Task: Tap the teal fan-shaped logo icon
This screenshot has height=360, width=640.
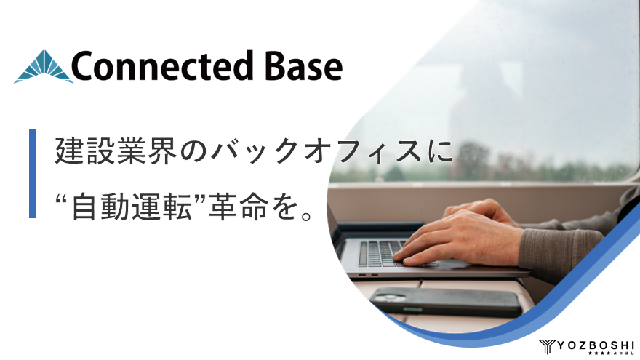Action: point(43,67)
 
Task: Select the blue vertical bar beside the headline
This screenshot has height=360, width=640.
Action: point(33,174)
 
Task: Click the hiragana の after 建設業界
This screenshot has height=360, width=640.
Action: point(191,151)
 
